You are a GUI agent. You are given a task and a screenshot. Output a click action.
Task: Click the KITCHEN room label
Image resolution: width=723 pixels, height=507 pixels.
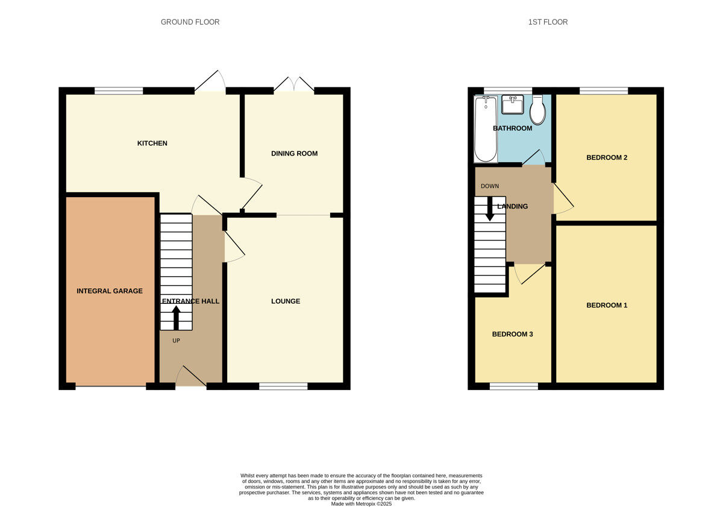pos(152,143)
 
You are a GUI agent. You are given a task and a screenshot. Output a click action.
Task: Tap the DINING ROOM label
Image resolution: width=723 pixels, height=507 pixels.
pos(294,154)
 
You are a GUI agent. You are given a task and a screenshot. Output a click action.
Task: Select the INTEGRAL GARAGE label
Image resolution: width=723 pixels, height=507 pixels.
pos(110,291)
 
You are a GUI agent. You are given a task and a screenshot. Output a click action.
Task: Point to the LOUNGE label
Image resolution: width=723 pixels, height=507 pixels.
pos(286,301)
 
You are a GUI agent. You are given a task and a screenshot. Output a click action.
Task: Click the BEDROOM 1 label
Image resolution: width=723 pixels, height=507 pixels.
pos(607,306)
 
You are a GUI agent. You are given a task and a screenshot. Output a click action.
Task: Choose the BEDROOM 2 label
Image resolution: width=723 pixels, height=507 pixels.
pos(607,158)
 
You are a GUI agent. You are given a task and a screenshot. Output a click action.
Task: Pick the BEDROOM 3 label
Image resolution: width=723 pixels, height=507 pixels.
pos(512,335)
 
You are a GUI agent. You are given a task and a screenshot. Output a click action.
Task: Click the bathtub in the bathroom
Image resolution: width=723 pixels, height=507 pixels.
pos(485,130)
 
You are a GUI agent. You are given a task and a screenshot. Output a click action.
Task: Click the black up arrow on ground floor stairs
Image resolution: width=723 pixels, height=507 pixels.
pos(176,317)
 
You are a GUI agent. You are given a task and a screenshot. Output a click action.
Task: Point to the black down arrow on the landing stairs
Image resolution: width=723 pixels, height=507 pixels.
pos(490,209)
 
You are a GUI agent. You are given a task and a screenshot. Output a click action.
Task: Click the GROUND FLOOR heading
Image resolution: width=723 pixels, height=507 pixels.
pos(190,22)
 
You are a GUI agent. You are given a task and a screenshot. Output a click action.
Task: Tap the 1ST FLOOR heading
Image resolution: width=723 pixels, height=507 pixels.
pos(548,22)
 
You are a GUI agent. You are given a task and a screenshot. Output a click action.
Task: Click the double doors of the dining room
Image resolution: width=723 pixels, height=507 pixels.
pos(294,86)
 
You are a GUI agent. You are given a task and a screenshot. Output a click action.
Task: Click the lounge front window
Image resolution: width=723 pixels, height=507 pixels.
pos(283,386)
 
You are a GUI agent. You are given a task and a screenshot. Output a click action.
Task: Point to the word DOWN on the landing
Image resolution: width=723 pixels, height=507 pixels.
pos(490,186)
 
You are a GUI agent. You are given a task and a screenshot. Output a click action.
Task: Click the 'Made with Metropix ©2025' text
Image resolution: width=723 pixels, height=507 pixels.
pos(361,504)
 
